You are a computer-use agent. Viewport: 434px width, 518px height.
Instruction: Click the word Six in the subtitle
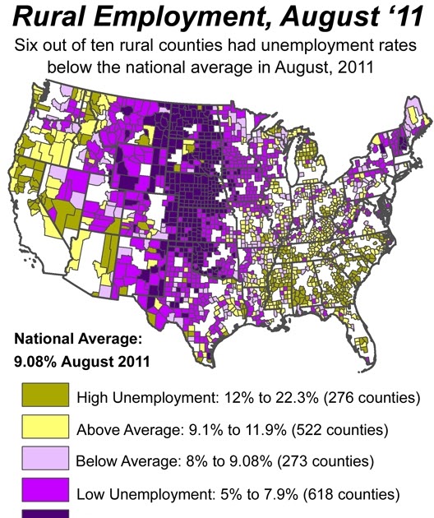(24, 45)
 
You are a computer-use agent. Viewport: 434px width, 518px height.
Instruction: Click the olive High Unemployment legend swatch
(45, 395)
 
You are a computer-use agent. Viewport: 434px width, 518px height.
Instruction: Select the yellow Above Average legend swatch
(45, 427)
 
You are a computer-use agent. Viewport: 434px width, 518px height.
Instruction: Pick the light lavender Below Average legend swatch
(45, 458)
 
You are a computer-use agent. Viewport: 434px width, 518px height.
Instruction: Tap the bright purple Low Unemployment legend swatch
(45, 489)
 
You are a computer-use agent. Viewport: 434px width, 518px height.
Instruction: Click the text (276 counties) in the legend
(372, 397)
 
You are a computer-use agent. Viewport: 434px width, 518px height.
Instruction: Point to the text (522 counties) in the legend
(340, 430)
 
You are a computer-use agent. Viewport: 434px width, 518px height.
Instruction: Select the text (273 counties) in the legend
(325, 461)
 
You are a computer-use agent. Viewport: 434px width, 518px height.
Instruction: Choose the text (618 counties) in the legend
(352, 494)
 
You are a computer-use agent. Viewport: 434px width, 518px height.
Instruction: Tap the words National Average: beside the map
(78, 340)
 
